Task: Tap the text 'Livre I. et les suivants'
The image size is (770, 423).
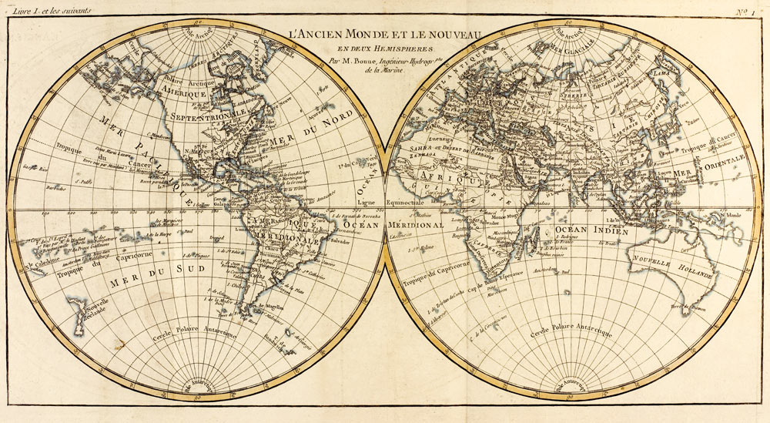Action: [48, 10]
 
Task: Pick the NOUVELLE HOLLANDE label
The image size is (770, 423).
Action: [661, 267]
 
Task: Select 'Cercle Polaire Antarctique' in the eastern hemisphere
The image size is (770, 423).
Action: [571, 332]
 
